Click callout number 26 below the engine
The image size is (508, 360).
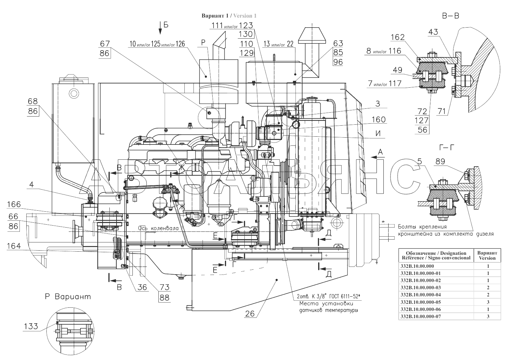250,314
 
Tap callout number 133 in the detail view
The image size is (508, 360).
31,327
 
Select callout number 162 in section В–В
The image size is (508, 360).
398,37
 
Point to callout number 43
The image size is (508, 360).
433,32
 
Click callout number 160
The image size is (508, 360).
378,119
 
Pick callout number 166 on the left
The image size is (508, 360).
14,205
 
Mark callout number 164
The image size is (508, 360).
14,246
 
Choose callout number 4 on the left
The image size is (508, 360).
31,184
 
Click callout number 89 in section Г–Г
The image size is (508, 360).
440,162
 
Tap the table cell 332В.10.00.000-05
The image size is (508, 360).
421,302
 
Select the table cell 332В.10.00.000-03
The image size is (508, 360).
421,287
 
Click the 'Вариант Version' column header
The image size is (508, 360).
487,255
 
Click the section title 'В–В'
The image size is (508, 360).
451,16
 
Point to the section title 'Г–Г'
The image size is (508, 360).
447,148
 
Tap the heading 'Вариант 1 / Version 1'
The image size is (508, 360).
229,16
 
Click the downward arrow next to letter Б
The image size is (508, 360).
160,28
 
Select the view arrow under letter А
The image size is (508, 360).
377,157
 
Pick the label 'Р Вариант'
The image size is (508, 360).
68,297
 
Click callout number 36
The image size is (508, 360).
142,287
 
